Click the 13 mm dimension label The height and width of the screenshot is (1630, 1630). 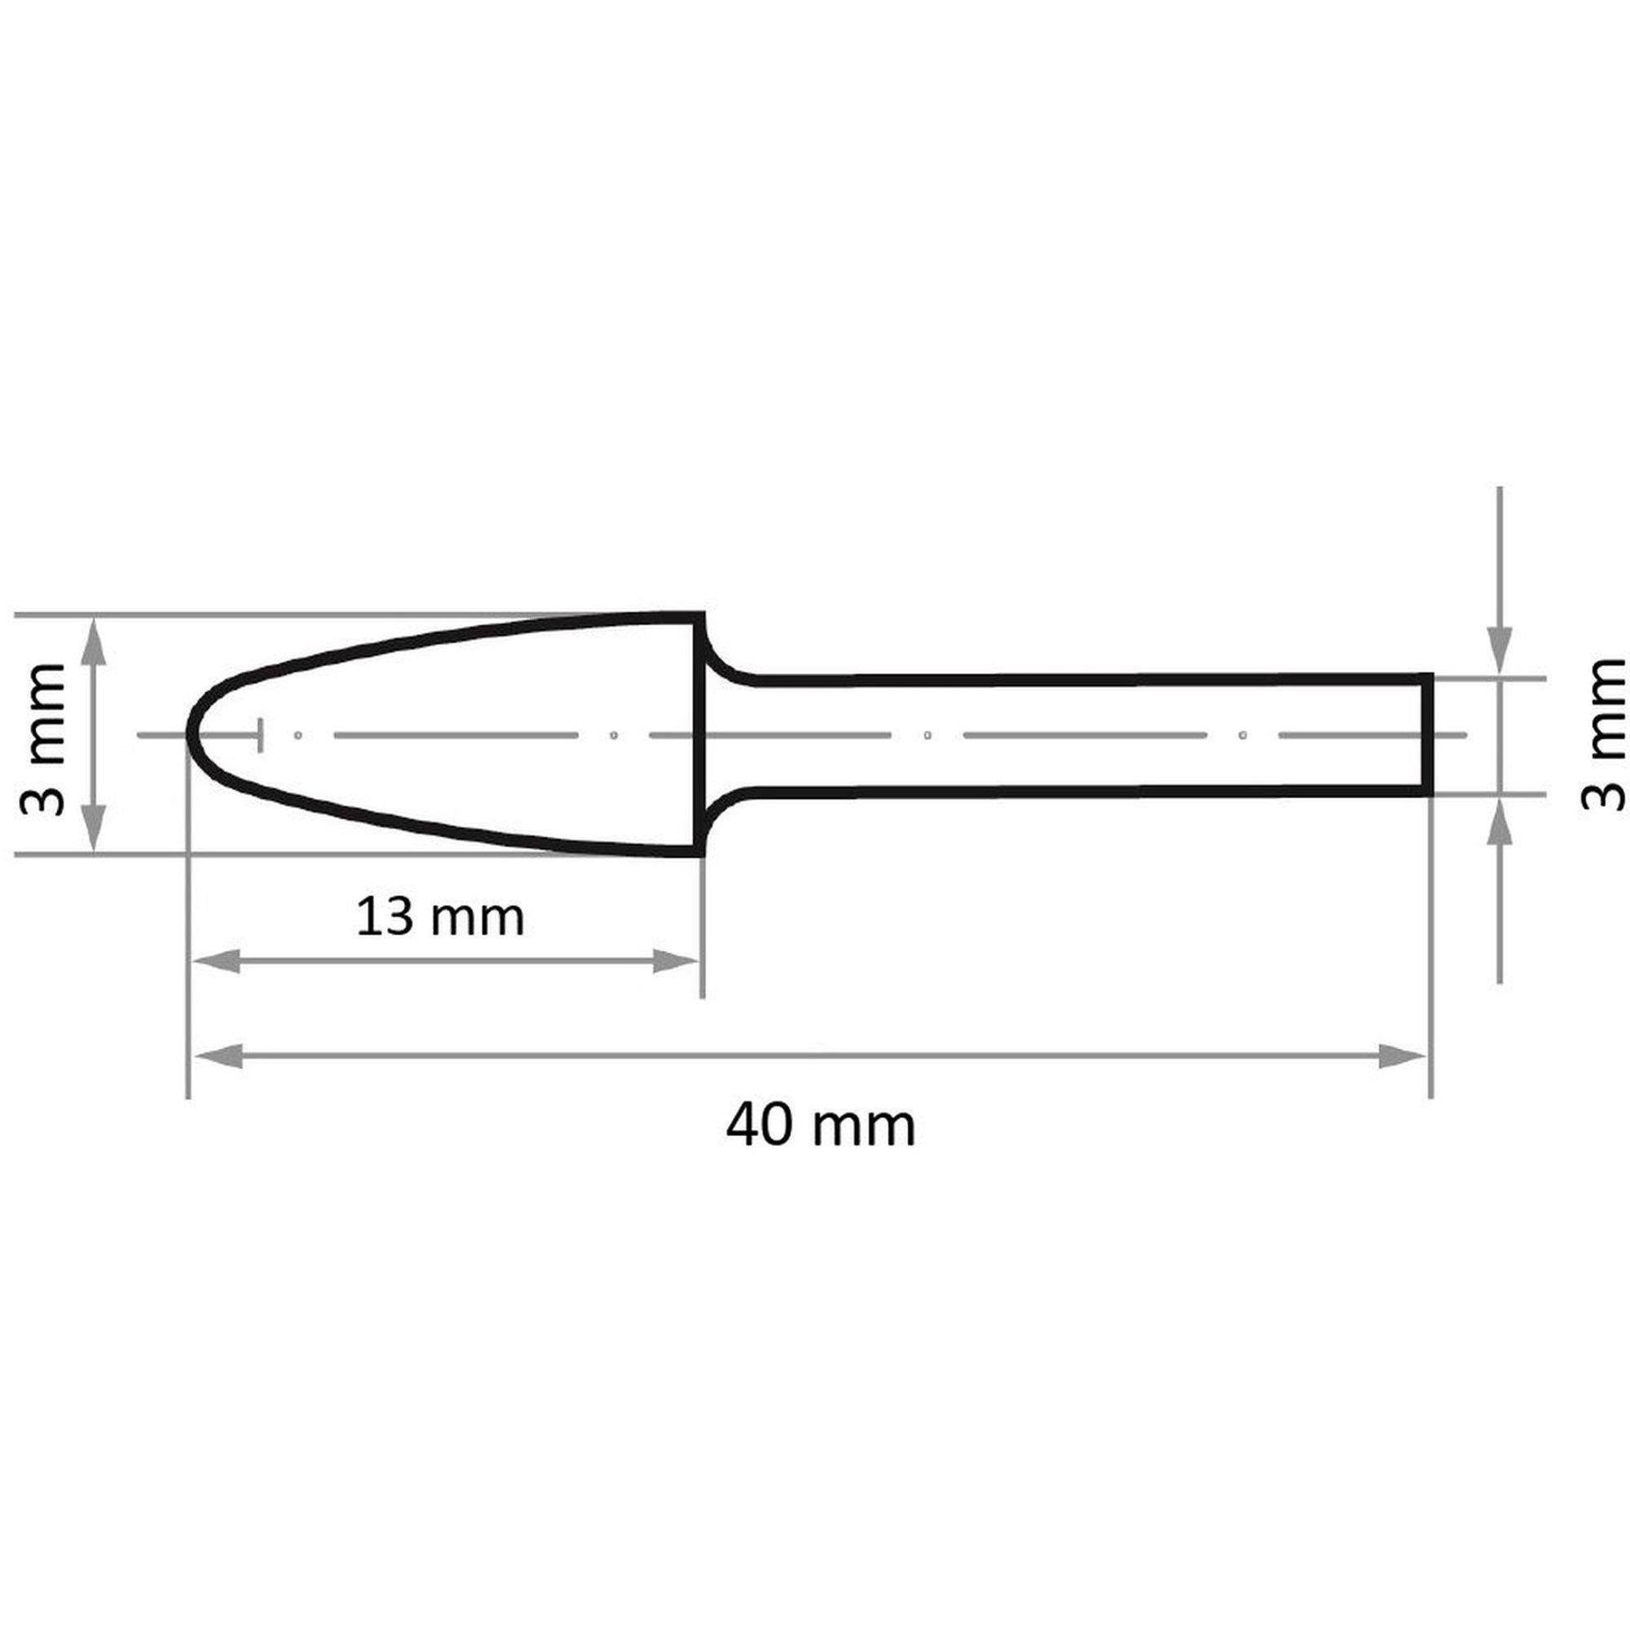439,917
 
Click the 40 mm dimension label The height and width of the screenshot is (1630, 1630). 820,1126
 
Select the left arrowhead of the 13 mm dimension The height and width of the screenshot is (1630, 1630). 217,961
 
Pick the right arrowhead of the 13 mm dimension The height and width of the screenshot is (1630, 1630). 676,961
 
